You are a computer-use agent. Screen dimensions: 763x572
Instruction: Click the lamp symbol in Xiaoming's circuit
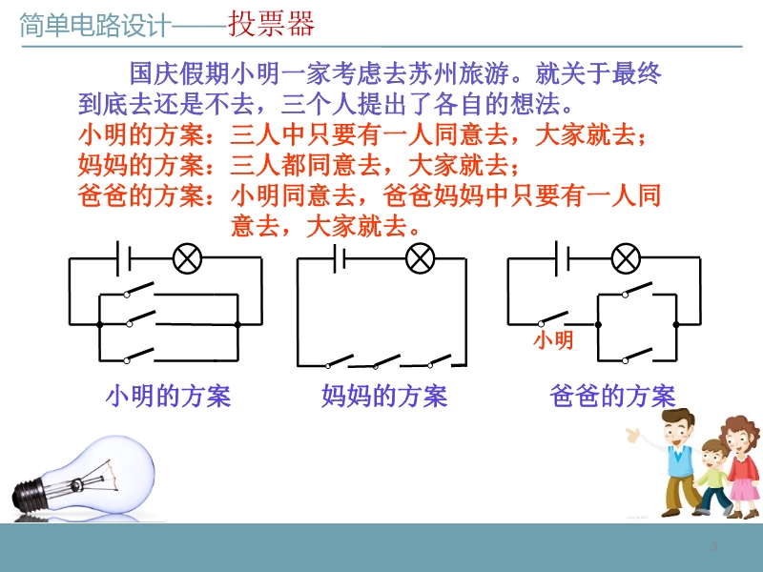187,258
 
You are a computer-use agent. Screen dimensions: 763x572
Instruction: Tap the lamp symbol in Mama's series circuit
421,258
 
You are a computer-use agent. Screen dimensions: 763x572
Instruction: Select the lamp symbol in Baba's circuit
626,258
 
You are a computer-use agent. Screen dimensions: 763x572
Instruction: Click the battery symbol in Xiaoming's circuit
124,258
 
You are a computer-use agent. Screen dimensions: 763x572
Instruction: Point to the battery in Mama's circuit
340,258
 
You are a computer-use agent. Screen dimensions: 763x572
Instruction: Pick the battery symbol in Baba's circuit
563,258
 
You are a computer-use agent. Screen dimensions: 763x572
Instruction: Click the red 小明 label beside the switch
553,339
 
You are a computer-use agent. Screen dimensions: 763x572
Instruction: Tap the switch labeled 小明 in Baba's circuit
553,318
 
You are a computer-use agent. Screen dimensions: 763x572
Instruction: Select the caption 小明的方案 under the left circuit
168,396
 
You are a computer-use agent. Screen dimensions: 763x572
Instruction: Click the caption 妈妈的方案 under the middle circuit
384,396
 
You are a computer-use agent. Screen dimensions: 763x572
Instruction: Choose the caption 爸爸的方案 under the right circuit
612,396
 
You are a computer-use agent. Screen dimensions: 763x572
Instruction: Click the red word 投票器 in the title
271,24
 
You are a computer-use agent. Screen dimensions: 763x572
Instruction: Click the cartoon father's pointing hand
633,435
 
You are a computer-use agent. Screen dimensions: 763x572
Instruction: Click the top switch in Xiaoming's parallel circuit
139,289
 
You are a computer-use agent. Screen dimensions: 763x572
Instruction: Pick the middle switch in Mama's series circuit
386,361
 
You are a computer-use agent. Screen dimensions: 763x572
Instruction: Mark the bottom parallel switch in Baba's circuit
637,355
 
